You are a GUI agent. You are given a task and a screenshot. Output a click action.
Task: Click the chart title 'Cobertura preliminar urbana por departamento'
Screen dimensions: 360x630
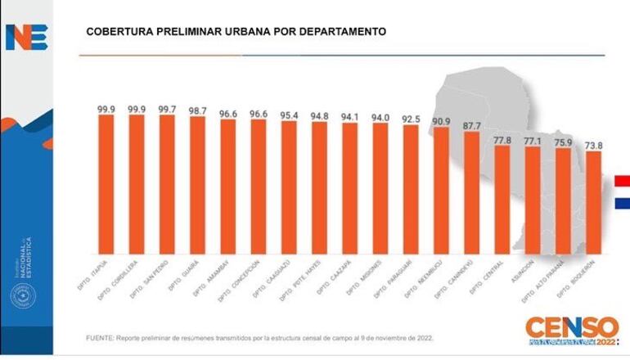236,32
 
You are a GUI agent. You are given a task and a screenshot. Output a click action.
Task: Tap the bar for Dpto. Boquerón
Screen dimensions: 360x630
593,200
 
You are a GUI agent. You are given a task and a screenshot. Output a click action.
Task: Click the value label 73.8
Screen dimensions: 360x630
593,145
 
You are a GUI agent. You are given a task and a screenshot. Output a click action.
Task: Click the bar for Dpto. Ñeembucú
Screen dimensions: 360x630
441,188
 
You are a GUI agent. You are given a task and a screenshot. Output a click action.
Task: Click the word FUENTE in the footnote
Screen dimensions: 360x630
100,338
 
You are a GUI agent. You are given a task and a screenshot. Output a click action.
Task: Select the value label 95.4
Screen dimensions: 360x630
289,114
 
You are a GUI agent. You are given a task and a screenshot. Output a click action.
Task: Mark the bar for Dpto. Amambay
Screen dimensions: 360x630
228,184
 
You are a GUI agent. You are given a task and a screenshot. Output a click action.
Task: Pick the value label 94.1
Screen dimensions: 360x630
349,116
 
